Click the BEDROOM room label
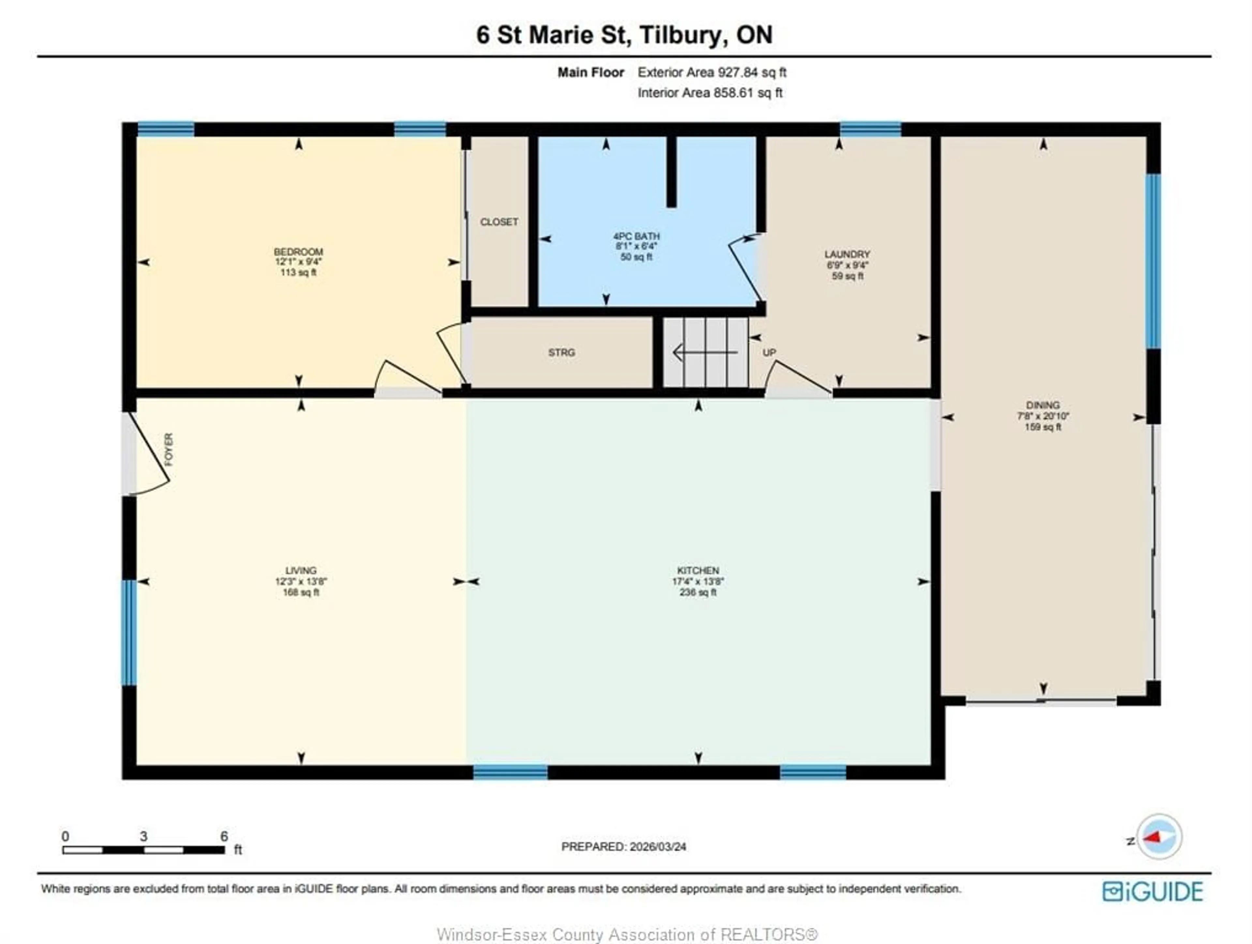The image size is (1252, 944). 298,252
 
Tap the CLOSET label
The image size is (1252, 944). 499,222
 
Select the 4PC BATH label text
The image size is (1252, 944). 636,236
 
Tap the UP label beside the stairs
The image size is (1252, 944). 768,352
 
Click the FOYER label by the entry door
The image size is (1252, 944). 169,450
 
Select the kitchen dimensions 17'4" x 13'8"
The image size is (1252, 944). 698,581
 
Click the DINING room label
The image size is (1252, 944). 1043,405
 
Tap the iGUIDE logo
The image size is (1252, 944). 1152,892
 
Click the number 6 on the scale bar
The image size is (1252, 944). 224,836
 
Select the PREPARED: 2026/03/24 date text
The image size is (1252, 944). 623,847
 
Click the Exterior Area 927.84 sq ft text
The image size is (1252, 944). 711,72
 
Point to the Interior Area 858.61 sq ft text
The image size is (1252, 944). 710,93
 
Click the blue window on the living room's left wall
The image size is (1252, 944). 130,632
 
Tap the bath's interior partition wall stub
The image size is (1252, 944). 671,172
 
